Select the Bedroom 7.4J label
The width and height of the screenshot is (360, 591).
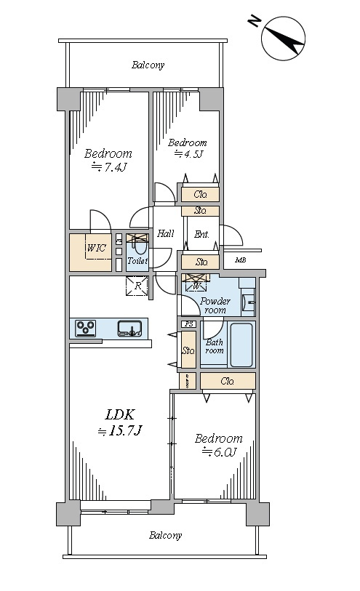[x=108, y=160]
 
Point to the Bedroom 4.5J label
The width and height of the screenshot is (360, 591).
[x=188, y=148]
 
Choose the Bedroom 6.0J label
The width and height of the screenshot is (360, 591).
[x=219, y=445]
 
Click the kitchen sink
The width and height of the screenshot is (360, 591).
[x=129, y=328]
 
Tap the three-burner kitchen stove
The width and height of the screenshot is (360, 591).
[x=86, y=328]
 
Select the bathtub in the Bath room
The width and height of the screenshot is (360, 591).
[x=241, y=345]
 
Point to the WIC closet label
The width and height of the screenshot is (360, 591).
[x=97, y=248]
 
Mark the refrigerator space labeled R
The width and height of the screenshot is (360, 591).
[x=138, y=286]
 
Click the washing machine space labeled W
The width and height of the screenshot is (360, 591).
[x=196, y=283]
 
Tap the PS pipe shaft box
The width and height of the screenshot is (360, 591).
[x=189, y=323]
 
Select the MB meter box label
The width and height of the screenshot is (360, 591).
[x=241, y=260]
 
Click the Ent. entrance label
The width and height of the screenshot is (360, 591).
[x=201, y=235]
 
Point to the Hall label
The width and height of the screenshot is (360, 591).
[x=166, y=233]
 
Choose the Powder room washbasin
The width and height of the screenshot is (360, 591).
[x=249, y=302]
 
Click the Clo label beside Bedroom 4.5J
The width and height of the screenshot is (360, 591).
[x=200, y=195]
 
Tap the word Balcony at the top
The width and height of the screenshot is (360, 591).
[x=148, y=65]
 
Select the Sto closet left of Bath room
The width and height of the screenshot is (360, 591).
[x=188, y=350]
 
